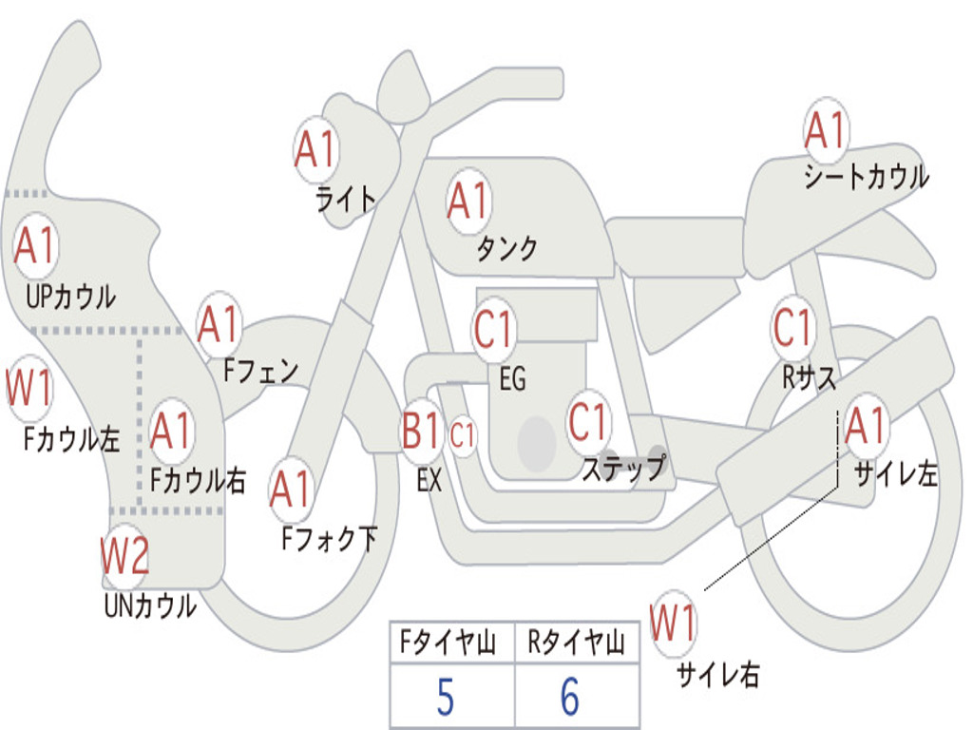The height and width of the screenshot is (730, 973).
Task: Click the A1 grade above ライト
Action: [x=316, y=149]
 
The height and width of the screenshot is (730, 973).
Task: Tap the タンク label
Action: [x=506, y=249]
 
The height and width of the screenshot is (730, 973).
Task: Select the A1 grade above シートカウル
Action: [x=825, y=131]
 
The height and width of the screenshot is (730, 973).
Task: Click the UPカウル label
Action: [x=71, y=297]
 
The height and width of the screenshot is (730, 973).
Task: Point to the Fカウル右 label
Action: [x=199, y=481]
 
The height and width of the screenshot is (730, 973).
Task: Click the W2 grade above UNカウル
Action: [x=125, y=557]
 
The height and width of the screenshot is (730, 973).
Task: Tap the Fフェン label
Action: [x=261, y=371]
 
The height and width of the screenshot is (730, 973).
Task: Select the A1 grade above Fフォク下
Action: [x=291, y=490]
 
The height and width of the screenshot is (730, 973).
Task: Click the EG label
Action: [x=512, y=380]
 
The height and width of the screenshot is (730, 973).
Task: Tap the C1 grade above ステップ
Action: [x=588, y=422]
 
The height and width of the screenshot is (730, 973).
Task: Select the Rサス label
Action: [x=810, y=377]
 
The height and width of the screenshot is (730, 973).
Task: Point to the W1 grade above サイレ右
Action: [x=673, y=624]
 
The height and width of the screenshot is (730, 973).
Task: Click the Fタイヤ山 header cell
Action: [x=451, y=644]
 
